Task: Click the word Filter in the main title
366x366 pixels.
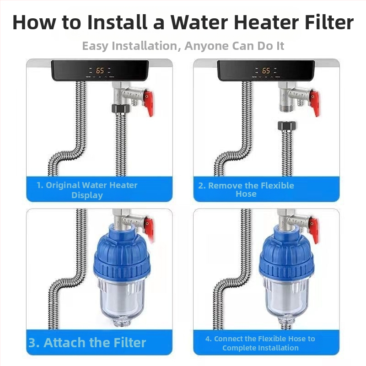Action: pos(329,22)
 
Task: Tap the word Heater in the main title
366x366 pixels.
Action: pos(266,22)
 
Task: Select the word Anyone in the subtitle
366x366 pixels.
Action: pos(207,46)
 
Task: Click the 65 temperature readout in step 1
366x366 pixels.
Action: pos(100,70)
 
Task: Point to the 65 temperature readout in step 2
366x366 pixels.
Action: pos(266,70)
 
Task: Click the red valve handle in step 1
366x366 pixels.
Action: pos(149,102)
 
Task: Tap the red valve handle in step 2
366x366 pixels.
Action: pos(315,102)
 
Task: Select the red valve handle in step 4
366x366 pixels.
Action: pos(314,230)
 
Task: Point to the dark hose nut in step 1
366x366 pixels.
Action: pos(121,108)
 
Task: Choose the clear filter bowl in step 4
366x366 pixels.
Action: pos(287,298)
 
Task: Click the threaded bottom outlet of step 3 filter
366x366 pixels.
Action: pos(121,323)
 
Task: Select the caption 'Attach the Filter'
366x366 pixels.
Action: pos(95,343)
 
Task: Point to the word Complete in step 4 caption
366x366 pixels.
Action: pos(239,348)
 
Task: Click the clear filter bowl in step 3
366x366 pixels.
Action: pos(121,299)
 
